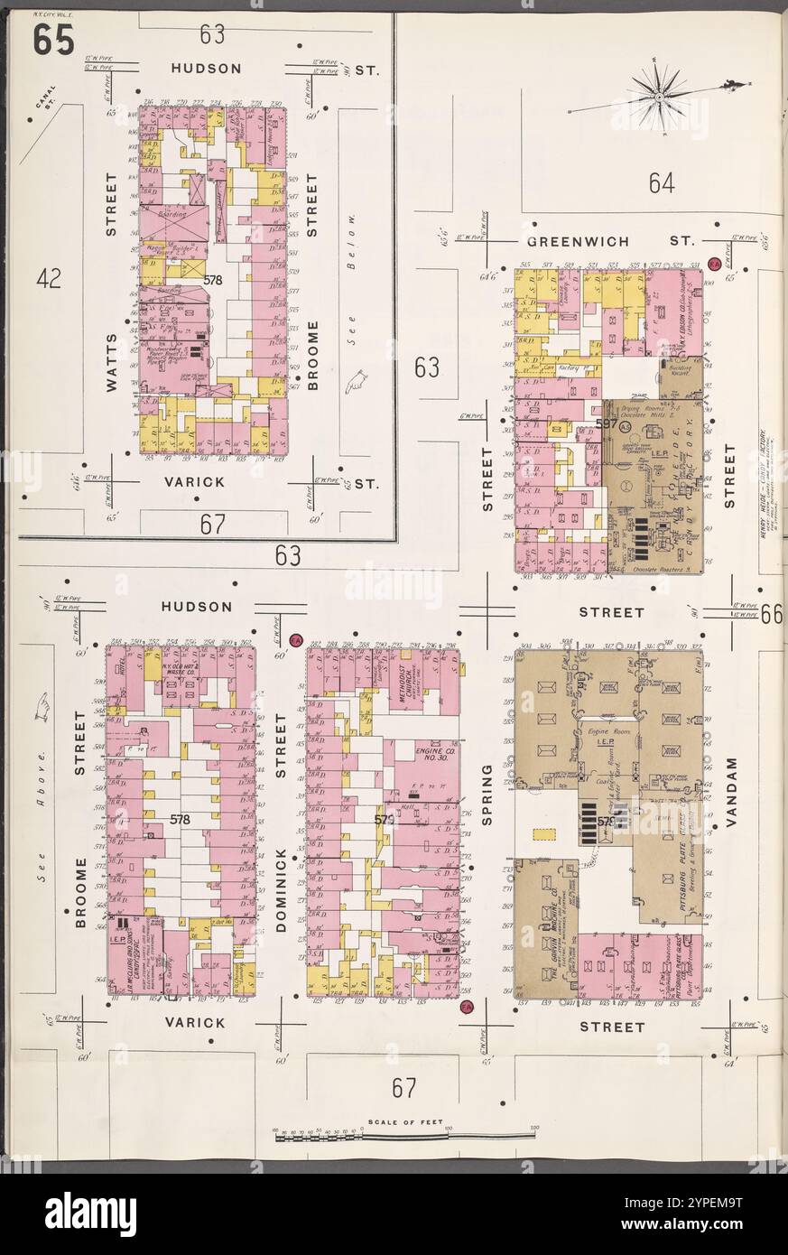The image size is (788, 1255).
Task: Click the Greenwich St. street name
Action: click(610, 241)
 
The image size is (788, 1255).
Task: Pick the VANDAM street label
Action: click(731, 793)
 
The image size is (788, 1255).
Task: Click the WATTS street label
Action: click(111, 359)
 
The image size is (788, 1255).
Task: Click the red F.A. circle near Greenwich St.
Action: click(714, 264)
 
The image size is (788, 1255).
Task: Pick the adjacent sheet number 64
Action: click(661, 184)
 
